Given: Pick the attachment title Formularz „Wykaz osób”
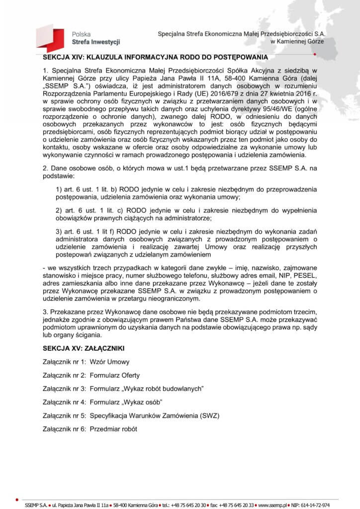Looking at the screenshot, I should pos(127,401).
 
